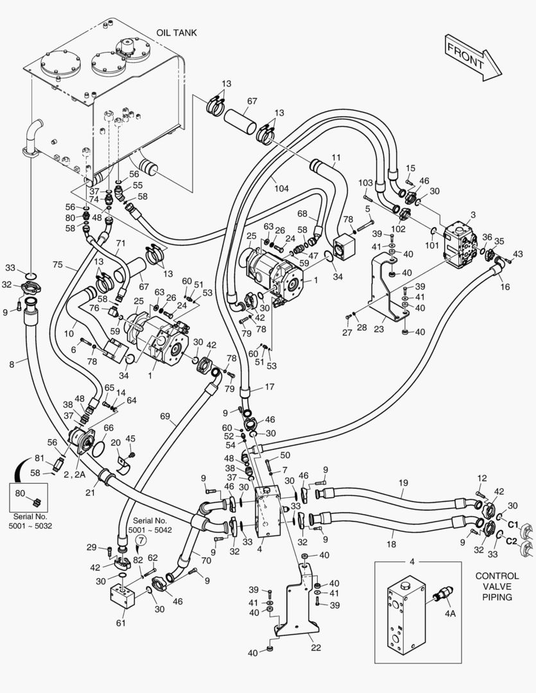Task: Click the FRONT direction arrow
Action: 473,58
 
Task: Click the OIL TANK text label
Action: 177,33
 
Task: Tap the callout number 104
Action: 281,189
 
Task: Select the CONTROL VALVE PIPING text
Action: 497,586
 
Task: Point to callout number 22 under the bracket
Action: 316,648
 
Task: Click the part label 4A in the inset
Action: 450,613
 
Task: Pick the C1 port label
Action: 512,525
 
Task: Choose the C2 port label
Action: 512,541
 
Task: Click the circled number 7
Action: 141,540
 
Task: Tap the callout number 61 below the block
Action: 121,623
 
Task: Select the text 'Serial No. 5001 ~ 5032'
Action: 30,521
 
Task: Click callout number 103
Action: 366,183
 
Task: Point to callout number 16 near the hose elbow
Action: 505,287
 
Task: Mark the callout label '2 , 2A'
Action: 74,475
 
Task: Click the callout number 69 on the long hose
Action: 165,416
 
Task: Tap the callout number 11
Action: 336,157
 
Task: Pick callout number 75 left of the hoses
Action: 58,265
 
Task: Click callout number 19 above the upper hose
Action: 403,483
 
